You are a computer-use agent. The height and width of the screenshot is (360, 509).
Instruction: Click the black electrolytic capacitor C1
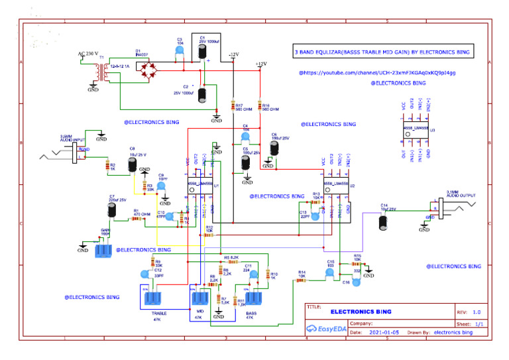pyautogui.click(x=204, y=56)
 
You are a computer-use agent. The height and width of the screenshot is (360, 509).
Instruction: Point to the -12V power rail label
pyautogui.click(x=233, y=54)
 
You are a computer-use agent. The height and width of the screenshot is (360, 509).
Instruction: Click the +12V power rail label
pyautogui.click(x=260, y=64)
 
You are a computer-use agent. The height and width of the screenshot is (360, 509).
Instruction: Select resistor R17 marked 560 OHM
pyautogui.click(x=233, y=106)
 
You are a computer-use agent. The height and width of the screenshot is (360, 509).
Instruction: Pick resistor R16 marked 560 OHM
pyautogui.click(x=260, y=106)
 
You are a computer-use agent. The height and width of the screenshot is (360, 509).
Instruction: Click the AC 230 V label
pyautogui.click(x=88, y=53)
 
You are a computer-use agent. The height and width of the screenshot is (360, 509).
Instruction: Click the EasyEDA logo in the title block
pyautogui.click(x=325, y=328)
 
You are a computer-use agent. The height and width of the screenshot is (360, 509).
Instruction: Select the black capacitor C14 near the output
pyautogui.click(x=383, y=223)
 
